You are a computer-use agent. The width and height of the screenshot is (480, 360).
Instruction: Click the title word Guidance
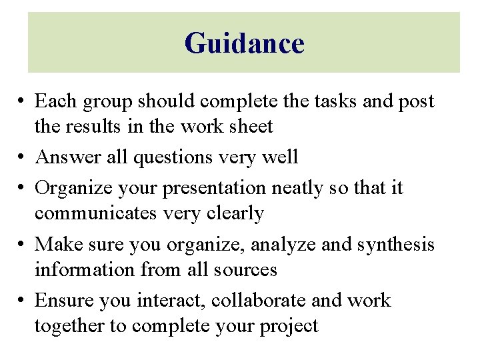pyautogui.click(x=244, y=43)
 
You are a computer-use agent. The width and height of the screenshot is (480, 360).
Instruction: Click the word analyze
pyautogui.click(x=283, y=245)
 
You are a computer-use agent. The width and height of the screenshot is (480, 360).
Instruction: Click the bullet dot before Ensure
pyautogui.click(x=23, y=301)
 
